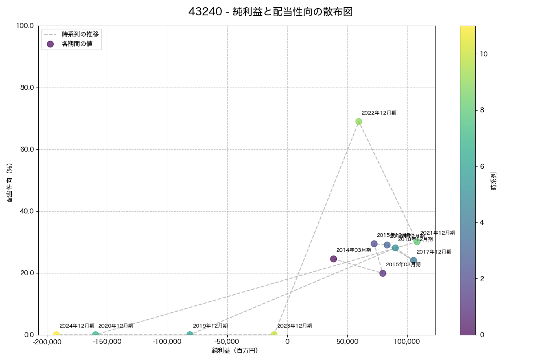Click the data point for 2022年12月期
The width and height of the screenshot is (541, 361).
(359, 121)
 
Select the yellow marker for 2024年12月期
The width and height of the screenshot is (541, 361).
(56, 334)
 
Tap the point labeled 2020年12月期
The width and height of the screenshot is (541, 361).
(96, 334)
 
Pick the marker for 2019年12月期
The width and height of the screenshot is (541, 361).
(190, 334)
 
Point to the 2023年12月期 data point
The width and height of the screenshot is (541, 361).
(274, 334)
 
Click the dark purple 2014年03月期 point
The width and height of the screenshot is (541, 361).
(334, 259)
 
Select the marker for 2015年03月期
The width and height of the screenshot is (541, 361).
(383, 273)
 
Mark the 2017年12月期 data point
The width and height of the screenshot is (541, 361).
(413, 260)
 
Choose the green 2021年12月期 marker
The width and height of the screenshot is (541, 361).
(417, 242)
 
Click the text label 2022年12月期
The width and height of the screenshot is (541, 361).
(379, 113)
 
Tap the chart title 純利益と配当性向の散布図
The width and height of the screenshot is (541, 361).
(270, 12)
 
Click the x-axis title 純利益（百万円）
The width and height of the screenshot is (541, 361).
(235, 351)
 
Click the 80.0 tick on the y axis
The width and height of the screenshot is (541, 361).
(25, 88)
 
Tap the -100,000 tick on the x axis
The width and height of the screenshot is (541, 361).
(167, 342)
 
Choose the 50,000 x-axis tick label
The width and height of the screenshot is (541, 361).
(347, 342)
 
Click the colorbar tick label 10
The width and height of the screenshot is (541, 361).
(484, 54)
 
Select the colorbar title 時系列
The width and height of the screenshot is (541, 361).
(493, 180)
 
